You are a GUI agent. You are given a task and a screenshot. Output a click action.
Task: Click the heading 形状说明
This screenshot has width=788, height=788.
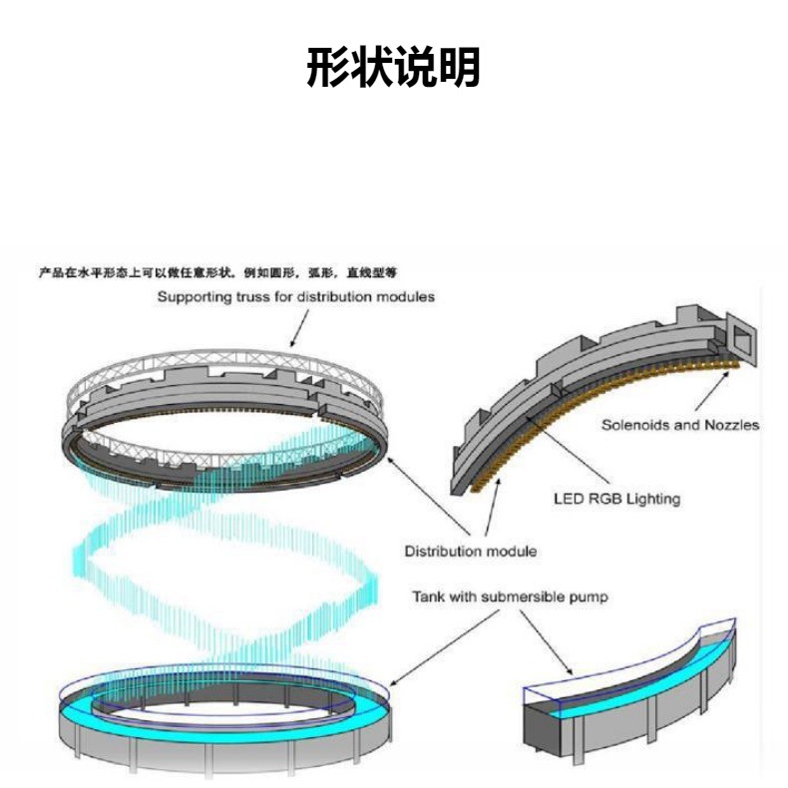pyautogui.click(x=393, y=68)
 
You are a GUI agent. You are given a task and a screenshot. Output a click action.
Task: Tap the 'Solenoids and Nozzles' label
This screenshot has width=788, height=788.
pyautogui.click(x=679, y=425)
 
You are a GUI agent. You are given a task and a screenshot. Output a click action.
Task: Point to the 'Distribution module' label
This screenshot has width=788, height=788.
pyautogui.click(x=471, y=551)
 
